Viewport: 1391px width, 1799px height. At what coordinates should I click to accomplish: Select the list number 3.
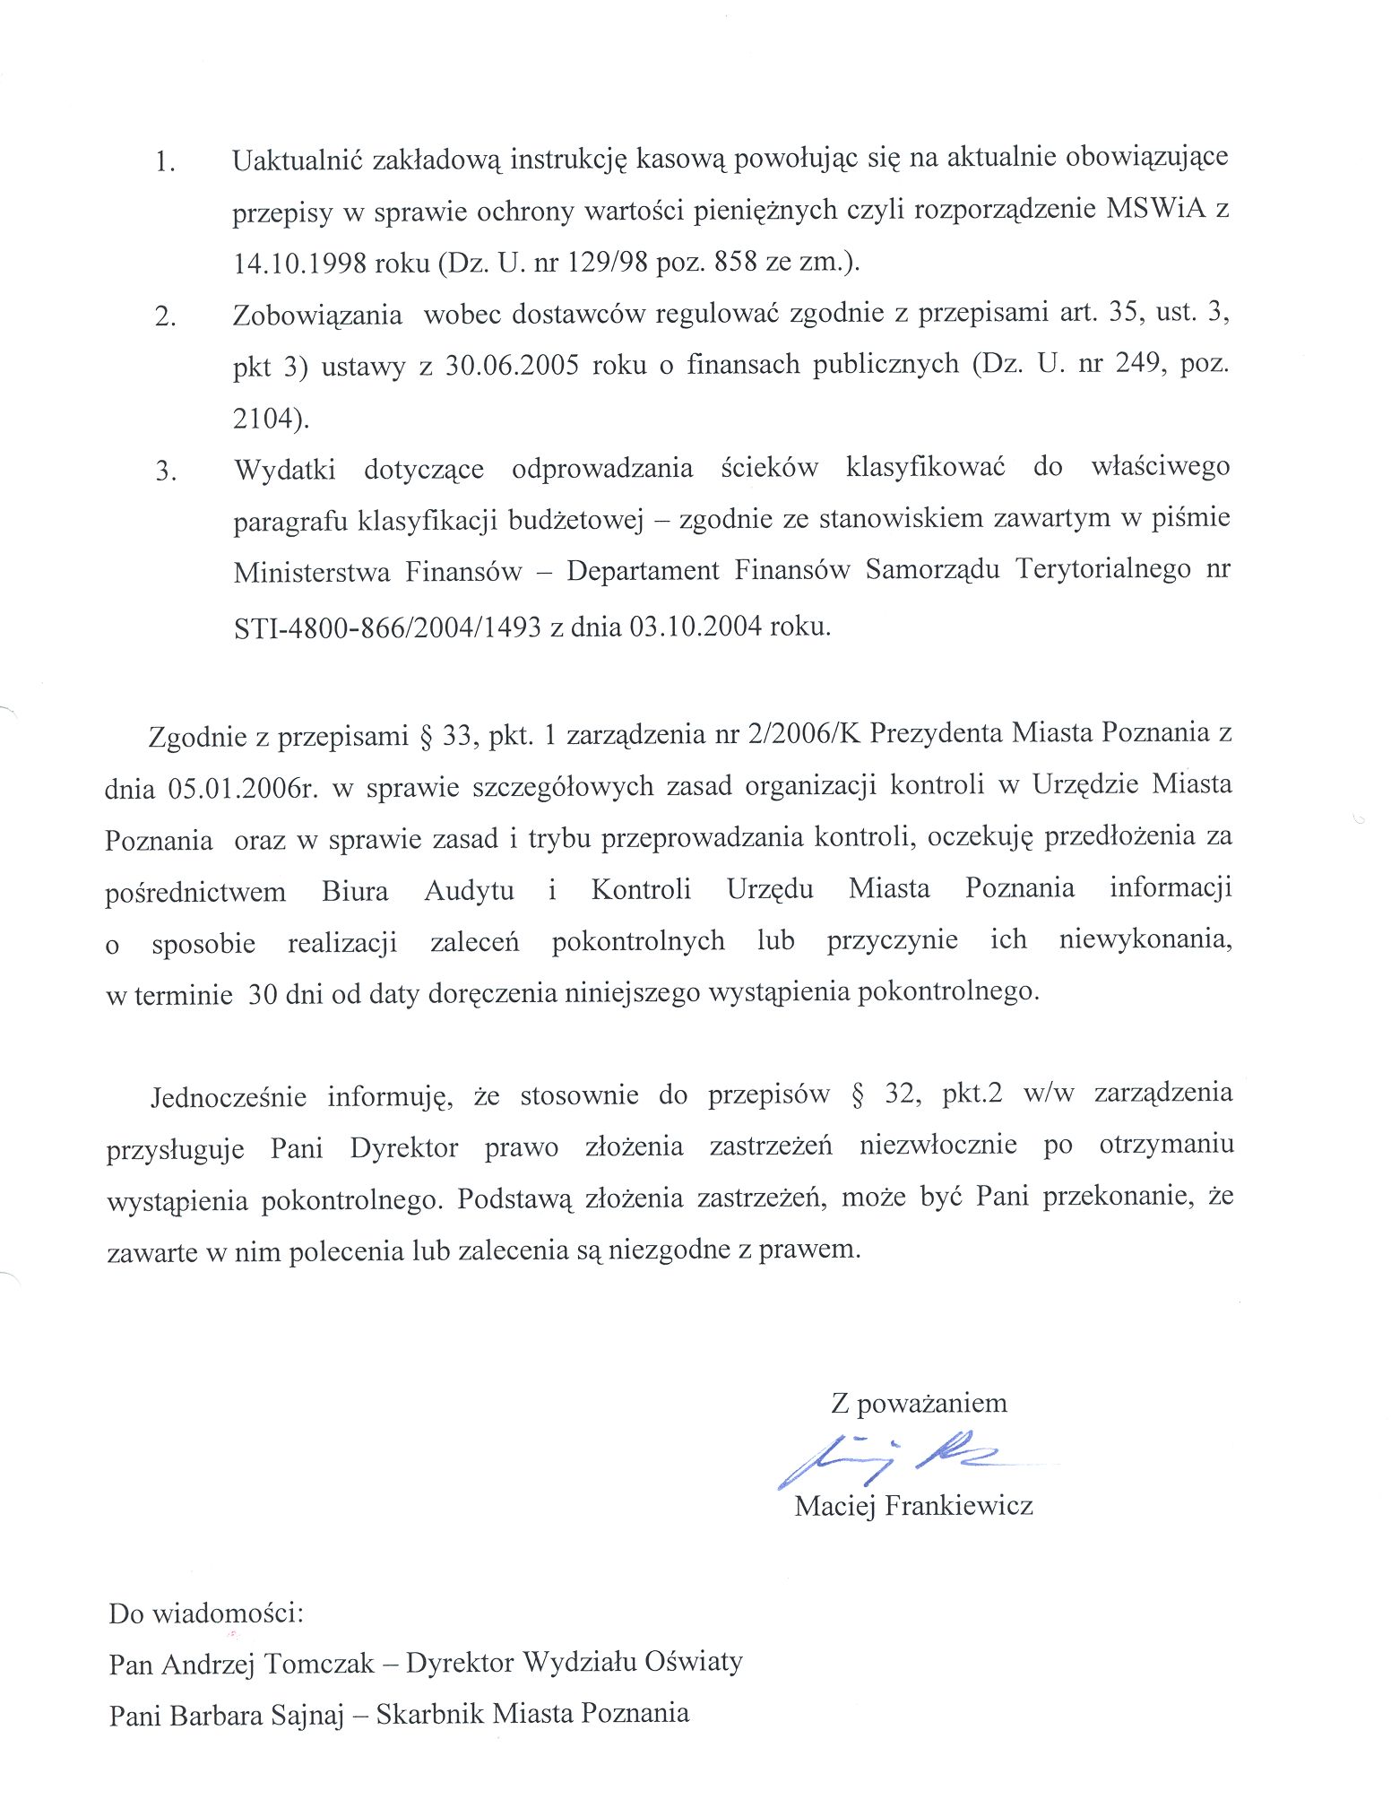(165, 471)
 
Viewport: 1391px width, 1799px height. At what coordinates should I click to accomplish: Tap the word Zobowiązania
(317, 316)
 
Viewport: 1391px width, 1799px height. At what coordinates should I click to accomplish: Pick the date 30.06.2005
(512, 367)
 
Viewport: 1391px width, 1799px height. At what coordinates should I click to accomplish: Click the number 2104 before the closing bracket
(263, 418)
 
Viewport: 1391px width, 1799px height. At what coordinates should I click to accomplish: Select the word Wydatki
(285, 469)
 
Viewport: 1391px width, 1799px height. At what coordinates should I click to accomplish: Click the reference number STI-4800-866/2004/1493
(387, 627)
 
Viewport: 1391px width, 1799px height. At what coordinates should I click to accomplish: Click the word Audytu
(469, 890)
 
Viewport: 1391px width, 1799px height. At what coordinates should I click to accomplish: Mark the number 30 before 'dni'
(262, 994)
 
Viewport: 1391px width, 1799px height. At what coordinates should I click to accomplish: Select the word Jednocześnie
(229, 1097)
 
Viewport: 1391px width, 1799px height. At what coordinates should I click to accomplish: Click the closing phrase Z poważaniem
(918, 1403)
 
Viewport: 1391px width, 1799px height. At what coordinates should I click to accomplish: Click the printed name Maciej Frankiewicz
(913, 1505)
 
